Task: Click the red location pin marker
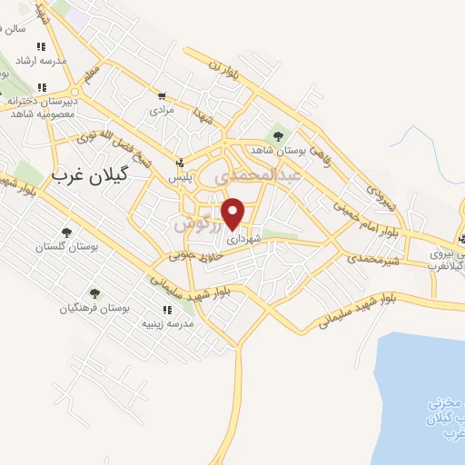pos(233,213)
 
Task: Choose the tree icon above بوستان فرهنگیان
pos(94,293)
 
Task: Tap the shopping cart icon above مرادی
pos(162,96)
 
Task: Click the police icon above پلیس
pos(182,165)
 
